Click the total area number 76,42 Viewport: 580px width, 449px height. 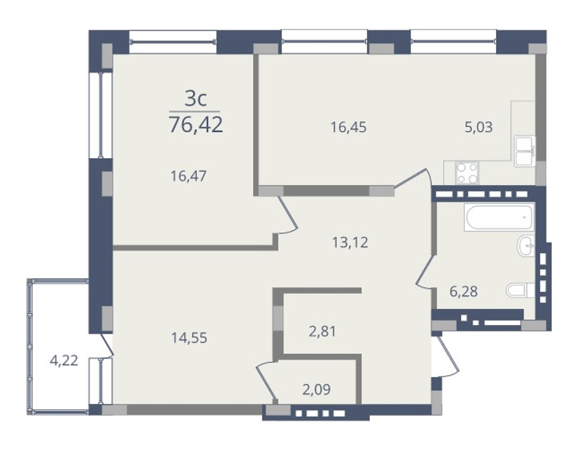click(196, 124)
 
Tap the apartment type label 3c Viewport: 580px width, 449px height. click(195, 99)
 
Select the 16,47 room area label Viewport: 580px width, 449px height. click(188, 176)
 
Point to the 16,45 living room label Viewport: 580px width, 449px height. click(349, 128)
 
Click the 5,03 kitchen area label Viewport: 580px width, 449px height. click(478, 128)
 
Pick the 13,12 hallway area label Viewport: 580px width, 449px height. click(350, 243)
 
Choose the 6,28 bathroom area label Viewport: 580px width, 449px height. click(463, 292)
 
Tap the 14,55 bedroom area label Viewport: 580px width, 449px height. click(189, 337)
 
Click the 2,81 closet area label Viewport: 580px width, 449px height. click(323, 331)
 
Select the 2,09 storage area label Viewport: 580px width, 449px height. click(316, 390)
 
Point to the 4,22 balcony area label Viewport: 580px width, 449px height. click(64, 361)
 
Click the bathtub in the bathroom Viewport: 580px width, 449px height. click(500, 217)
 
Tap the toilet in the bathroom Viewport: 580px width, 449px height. click(521, 290)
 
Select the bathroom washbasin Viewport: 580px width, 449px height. click(526, 246)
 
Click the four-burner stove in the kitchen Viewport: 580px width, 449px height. click(467, 173)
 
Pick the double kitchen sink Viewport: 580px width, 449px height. click(524, 151)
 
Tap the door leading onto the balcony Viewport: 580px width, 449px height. click(106, 346)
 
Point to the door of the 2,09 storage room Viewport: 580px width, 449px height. click(267, 382)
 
